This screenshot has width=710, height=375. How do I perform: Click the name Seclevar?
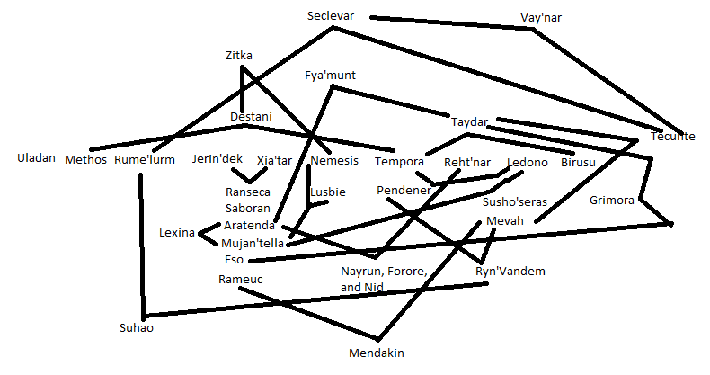pos(330,17)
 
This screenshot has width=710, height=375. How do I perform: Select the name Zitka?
pos(238,56)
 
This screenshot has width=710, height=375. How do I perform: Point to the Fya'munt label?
pos(331,76)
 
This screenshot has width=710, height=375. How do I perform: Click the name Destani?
pos(251,117)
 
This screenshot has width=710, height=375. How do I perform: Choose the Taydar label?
pos(468,121)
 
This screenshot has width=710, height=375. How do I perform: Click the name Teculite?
pos(673,137)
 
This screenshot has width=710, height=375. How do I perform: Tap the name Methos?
pos(86,161)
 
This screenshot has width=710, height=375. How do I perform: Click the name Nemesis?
pos(334,161)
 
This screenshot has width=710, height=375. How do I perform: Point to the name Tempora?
pos(399,162)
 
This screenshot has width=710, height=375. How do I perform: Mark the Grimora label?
pos(612,201)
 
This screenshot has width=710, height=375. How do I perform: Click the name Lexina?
pos(177,233)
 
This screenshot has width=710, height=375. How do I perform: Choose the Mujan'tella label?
pos(253,243)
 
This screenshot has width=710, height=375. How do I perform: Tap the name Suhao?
pos(138,328)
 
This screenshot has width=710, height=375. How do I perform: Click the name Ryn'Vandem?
pos(510,272)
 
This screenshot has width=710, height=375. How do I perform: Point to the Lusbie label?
pos(327,192)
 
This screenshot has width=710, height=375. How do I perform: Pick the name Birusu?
pos(578,163)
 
